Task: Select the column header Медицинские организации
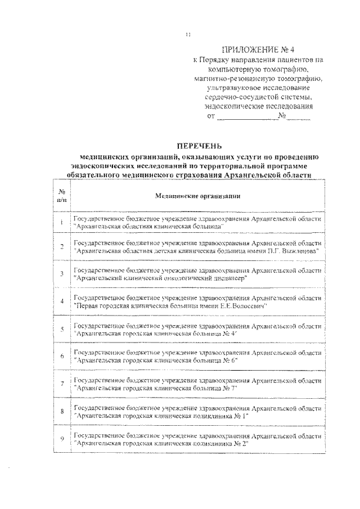click(x=197, y=196)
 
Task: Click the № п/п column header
click(x=62, y=196)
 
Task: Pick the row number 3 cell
click(x=61, y=274)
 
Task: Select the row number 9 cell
click(x=61, y=438)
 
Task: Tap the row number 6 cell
click(x=61, y=356)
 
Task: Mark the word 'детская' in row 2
click(x=162, y=251)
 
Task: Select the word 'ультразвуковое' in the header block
click(x=227, y=88)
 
